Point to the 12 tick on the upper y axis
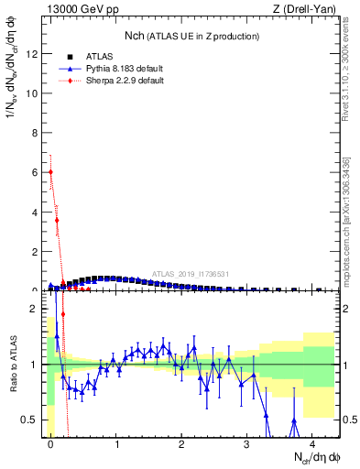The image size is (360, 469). (35, 53)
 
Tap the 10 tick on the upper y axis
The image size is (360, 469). (35, 93)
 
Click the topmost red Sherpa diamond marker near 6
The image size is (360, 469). (51, 171)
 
